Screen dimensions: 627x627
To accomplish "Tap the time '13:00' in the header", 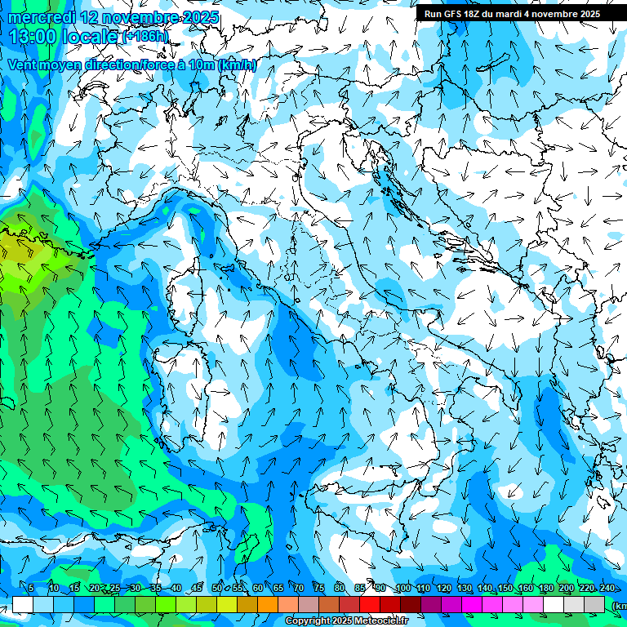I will (x=33, y=36).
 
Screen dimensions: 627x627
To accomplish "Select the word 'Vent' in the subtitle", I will (x=23, y=65).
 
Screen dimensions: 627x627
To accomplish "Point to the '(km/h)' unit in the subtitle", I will (x=238, y=65).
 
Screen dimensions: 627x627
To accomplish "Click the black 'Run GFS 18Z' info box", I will (x=511, y=14).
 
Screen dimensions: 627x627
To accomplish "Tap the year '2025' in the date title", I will (x=199, y=17).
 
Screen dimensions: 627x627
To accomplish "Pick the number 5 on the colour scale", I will (x=31, y=589).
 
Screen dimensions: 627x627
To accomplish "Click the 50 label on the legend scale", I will (x=216, y=589).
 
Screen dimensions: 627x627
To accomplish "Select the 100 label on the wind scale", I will (x=403, y=589).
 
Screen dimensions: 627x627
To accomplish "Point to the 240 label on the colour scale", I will (x=607, y=589).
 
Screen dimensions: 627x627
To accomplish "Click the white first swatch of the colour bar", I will (x=23, y=604).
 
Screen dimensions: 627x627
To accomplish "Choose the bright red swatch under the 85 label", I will (x=370, y=604).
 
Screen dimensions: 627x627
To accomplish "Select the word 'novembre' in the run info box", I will (x=553, y=14).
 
